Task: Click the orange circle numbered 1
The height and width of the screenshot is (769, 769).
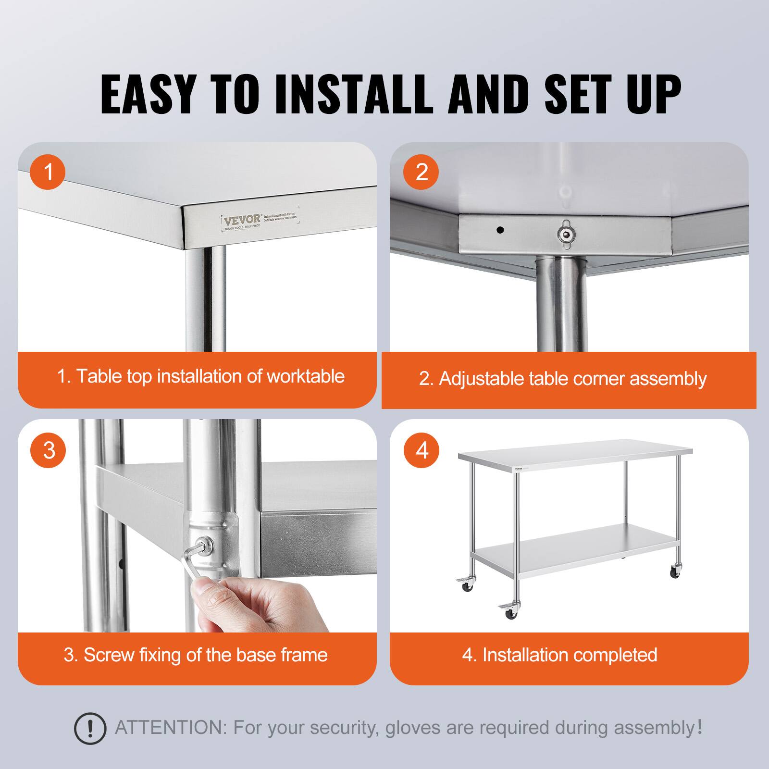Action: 48,172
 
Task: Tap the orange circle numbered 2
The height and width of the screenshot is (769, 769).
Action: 422,172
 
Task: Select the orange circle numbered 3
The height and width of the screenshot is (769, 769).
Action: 48,450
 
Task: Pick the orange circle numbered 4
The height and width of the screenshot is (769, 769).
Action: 422,450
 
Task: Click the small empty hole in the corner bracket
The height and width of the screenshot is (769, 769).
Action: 500,230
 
